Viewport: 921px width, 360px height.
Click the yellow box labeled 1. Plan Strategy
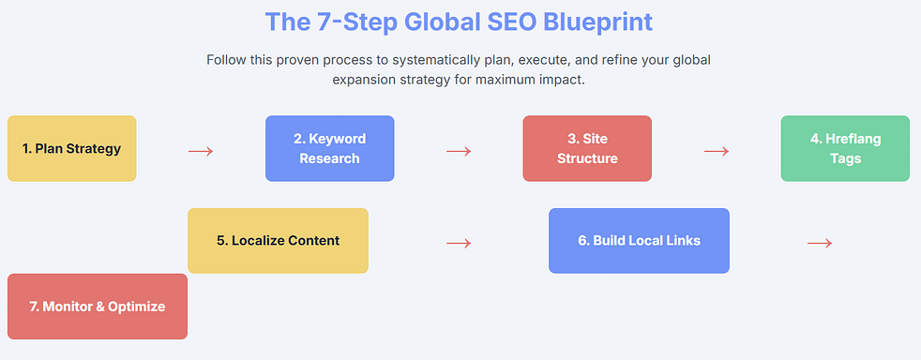(71, 148)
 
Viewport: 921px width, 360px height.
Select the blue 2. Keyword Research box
(329, 148)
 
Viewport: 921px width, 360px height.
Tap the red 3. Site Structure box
(587, 148)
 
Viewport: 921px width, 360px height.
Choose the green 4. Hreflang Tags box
(845, 148)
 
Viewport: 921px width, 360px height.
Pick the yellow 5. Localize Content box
(278, 241)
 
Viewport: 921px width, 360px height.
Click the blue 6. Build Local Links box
(639, 241)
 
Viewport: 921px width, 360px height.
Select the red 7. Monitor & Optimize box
(98, 307)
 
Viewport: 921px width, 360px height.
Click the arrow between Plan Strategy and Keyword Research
(201, 151)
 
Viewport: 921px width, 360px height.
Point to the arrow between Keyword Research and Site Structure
(459, 151)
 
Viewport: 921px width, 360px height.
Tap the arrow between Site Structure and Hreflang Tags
(717, 151)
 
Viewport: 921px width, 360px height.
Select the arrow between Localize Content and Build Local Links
(459, 243)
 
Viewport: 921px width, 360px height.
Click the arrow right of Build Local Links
(820, 243)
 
